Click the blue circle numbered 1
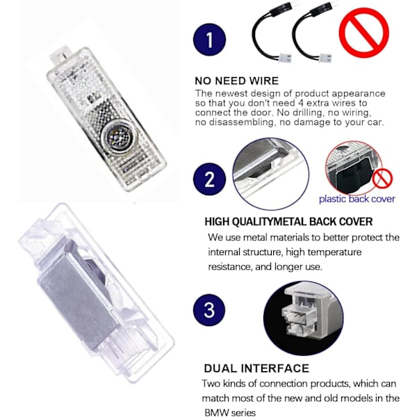[210, 40]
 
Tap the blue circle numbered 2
[210, 179]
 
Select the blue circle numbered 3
[209, 310]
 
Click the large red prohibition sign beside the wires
[364, 33]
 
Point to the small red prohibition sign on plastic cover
[382, 179]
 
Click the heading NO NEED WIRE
[237, 81]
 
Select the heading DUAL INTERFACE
[256, 368]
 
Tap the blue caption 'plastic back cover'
[357, 199]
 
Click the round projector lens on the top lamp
[118, 138]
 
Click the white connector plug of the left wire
[285, 58]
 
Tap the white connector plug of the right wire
[325, 58]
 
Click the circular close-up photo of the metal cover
[271, 173]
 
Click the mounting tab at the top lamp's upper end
[60, 55]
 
